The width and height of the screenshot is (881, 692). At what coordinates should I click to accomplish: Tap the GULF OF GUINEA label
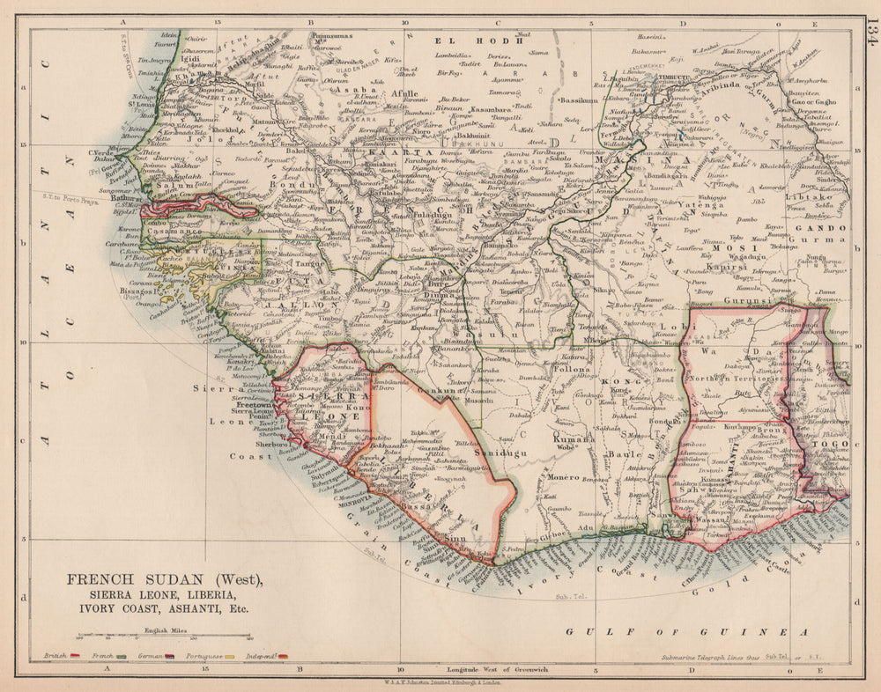(686, 632)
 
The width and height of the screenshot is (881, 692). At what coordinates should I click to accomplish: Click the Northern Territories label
(733, 378)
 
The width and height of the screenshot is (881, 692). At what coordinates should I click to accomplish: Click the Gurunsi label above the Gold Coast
(743, 300)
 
